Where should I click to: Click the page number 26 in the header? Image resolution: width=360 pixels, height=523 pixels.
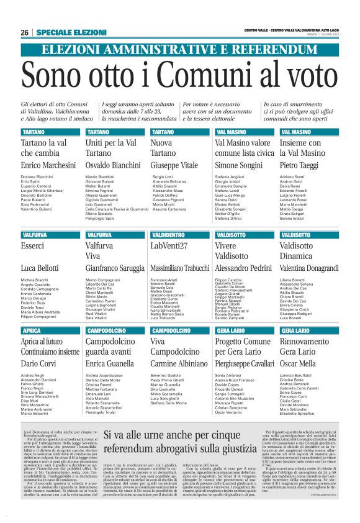point(24,32)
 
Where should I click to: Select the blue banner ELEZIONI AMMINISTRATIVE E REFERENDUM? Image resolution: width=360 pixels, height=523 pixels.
point(179,50)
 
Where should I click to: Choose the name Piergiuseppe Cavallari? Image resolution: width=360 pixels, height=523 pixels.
point(244,363)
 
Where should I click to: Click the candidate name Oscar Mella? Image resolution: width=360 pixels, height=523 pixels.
point(298,363)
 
